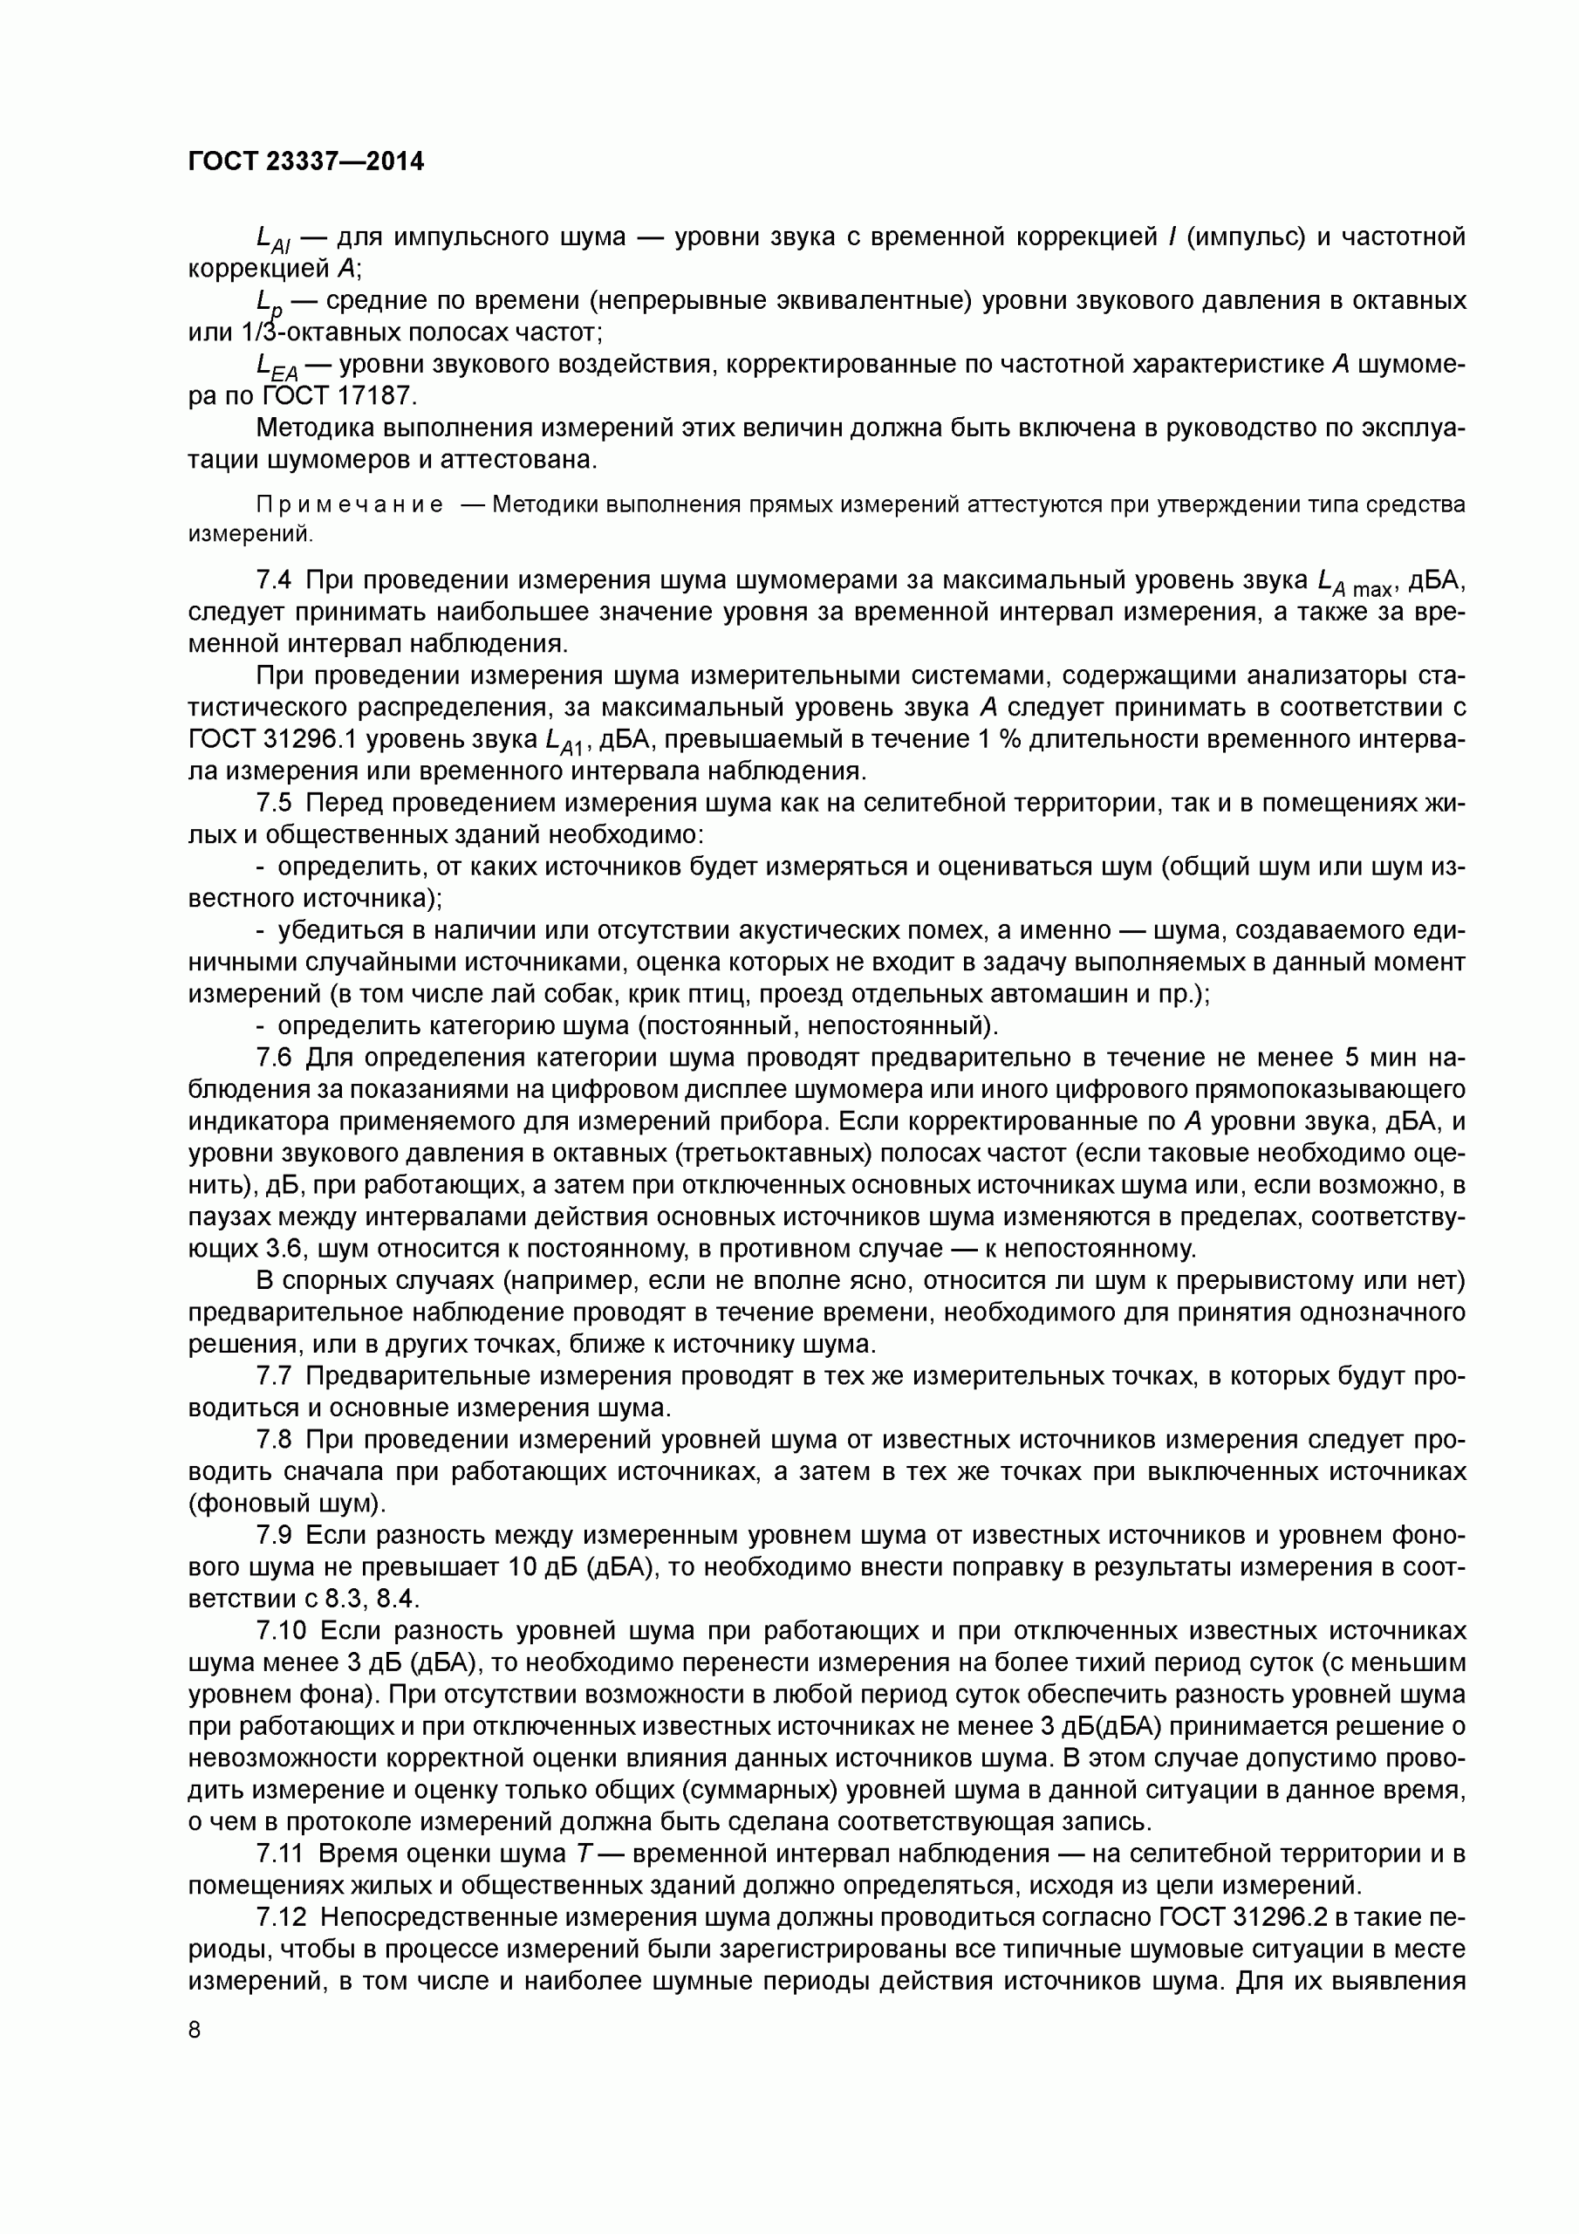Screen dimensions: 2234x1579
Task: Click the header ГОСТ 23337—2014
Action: pos(305,161)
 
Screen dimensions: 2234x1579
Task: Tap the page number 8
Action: pos(195,2030)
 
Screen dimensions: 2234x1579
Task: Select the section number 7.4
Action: pos(273,580)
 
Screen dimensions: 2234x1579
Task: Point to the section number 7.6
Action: pos(273,1058)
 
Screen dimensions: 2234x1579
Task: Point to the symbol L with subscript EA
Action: pos(277,367)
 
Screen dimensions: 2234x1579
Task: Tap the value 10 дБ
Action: pos(543,1567)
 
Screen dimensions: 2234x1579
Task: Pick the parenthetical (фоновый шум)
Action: pos(287,1504)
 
